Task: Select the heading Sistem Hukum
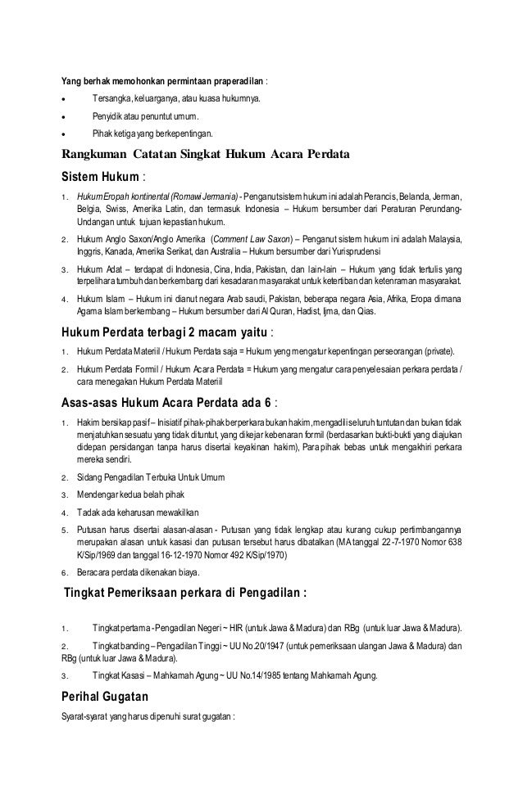click(100, 176)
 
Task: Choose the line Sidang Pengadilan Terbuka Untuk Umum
click(152, 476)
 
